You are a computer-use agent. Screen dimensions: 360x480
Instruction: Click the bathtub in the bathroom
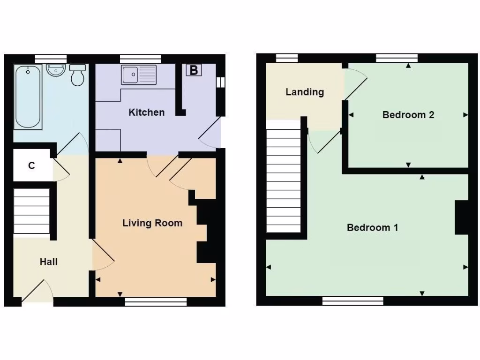(x=28, y=97)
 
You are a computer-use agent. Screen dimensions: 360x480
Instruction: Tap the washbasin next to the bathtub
(x=55, y=71)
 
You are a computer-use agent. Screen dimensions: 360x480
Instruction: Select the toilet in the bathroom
(x=78, y=75)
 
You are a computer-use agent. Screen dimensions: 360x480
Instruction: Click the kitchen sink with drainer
(x=139, y=75)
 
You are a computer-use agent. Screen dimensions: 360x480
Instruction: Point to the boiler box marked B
(x=194, y=71)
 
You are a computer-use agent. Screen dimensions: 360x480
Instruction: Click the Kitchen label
(x=147, y=112)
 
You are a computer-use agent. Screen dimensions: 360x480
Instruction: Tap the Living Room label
(x=152, y=223)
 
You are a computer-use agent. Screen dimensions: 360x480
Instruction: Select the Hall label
(x=49, y=262)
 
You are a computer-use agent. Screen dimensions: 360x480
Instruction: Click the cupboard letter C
(x=31, y=165)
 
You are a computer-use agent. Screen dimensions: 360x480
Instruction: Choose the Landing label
(x=305, y=92)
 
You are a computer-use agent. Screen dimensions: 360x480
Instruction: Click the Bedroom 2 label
(x=408, y=115)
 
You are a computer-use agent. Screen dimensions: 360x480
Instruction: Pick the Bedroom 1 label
(x=372, y=228)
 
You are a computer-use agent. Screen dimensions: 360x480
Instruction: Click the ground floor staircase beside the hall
(x=31, y=210)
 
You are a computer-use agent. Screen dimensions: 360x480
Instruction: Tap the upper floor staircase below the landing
(x=283, y=180)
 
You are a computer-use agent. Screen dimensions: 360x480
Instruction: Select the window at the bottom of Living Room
(x=156, y=302)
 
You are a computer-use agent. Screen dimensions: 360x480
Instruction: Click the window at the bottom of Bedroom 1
(x=352, y=301)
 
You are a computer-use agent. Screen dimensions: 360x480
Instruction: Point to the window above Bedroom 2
(x=397, y=58)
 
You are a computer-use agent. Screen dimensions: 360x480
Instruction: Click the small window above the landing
(x=286, y=58)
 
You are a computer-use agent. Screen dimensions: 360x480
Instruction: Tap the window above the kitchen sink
(x=141, y=59)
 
